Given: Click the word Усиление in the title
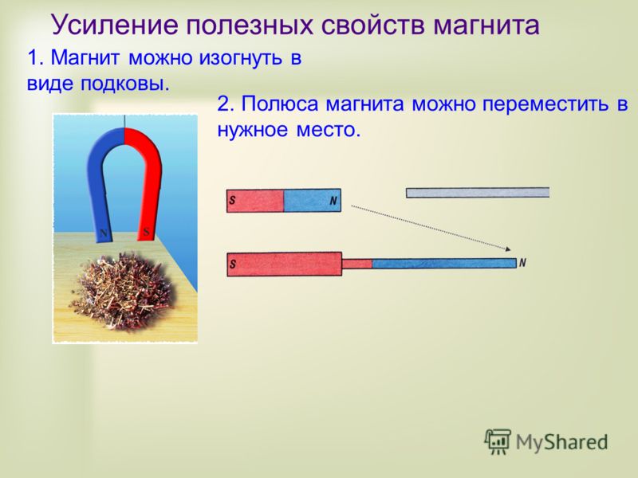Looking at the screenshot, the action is coord(114,25).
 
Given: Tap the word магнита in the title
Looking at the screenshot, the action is coord(486,25).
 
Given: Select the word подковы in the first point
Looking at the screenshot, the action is coord(124,84).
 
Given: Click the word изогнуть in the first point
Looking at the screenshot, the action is coord(241,58).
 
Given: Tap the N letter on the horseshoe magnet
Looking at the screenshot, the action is coord(104,233).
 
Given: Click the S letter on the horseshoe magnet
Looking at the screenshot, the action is coord(146,233).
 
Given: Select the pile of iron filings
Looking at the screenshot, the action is coord(123,292).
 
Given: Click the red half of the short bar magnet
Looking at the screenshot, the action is coord(255,201).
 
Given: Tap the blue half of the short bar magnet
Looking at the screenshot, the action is coord(312,201).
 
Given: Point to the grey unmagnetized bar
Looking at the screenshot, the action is coord(478,193).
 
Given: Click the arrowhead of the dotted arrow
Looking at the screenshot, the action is coord(508,249).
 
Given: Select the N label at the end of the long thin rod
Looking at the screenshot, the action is coord(522,263).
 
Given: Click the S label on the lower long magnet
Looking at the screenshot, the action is coord(232,264).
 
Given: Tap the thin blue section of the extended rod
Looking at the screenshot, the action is coord(444,264).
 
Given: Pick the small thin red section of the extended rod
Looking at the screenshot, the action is coord(356,264).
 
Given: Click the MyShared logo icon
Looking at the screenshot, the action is coord(497,441).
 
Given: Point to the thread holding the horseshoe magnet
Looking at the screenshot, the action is coord(124,121).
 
